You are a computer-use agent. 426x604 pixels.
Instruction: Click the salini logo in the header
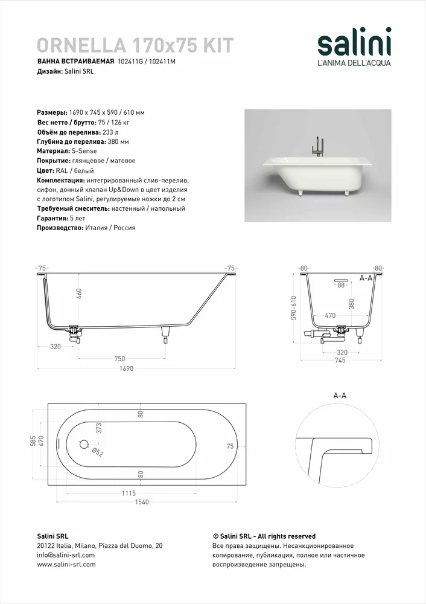tap(354, 45)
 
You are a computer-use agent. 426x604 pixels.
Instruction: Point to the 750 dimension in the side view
tap(120, 358)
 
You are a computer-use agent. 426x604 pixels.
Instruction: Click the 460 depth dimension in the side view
tap(79, 294)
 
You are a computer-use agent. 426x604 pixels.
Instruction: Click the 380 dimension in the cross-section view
tap(351, 304)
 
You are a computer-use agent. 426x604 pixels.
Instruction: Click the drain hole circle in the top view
tap(83, 444)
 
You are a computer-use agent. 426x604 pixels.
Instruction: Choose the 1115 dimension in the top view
tap(129, 493)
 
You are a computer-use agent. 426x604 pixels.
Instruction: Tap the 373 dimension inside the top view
tap(98, 429)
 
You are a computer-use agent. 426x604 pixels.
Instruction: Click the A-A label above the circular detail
tap(340, 395)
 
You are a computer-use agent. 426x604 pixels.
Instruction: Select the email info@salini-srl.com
tap(66, 555)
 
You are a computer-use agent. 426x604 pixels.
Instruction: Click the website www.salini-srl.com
tap(66, 565)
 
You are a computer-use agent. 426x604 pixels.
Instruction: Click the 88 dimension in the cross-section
tap(341, 284)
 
